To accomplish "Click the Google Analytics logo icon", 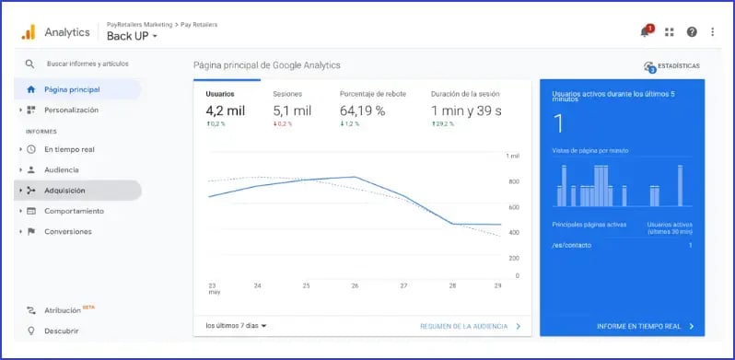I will click(x=28, y=32).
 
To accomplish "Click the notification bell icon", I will click(x=645, y=32).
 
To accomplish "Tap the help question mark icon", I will click(x=691, y=32).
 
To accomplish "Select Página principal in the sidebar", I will click(x=71, y=89).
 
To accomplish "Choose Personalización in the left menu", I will click(x=71, y=110).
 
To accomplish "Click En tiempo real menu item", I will click(x=69, y=149).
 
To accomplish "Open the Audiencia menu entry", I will click(x=61, y=169).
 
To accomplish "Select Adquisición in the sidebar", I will click(x=64, y=191).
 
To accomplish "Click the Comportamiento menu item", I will click(x=74, y=211).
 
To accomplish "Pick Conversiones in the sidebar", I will click(x=67, y=231).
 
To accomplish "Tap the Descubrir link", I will click(x=60, y=331).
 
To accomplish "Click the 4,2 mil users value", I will click(x=226, y=110).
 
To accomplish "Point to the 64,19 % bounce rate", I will click(x=362, y=110).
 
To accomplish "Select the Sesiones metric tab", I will click(x=287, y=94).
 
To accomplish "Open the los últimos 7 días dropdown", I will click(x=236, y=325).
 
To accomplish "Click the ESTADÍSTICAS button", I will click(x=672, y=66).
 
